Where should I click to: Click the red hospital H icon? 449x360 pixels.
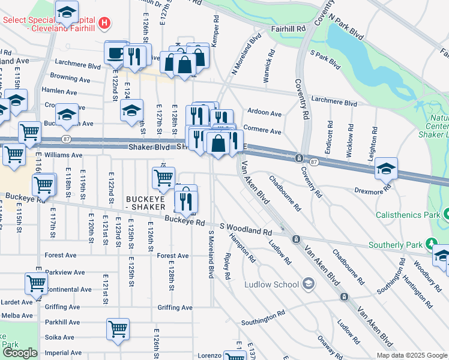tap(105, 24)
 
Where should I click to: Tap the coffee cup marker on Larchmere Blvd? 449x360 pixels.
tap(116, 53)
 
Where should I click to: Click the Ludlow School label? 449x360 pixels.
tap(272, 284)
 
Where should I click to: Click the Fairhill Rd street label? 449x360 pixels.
tap(288, 28)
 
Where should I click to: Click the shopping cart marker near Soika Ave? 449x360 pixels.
tap(118, 329)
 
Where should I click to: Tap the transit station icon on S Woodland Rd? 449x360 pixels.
tap(295, 239)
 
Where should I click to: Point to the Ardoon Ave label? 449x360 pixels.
tap(264, 113)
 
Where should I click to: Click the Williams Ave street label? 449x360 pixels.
tap(63, 155)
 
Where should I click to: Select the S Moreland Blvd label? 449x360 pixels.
tap(211, 253)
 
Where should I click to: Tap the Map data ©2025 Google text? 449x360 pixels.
tap(411, 355)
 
